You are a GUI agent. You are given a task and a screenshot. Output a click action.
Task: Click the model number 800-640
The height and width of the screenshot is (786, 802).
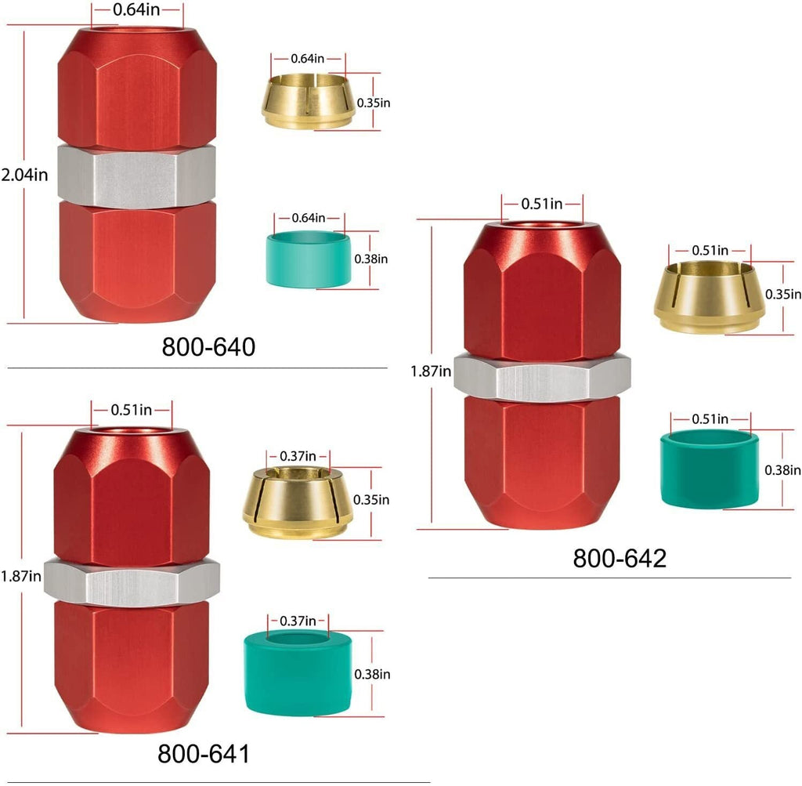coord(208,347)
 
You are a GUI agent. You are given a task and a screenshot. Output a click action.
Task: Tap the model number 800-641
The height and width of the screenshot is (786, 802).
coord(204,754)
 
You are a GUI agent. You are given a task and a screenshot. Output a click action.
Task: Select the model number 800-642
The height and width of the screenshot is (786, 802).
coord(620,558)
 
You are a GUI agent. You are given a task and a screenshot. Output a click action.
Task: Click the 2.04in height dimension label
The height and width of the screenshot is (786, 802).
coord(24,175)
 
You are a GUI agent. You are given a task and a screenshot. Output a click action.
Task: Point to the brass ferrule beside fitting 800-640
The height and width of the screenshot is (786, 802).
coord(308,101)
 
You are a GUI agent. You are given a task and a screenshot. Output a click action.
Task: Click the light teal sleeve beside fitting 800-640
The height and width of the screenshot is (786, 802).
coord(309,259)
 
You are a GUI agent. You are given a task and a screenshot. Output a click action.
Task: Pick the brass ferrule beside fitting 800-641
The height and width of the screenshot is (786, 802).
coord(298,503)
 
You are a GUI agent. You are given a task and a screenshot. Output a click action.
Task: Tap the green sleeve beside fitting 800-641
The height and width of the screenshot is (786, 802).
coord(298,673)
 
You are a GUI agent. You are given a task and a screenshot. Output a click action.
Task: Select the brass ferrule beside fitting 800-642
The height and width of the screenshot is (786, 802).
coord(710,297)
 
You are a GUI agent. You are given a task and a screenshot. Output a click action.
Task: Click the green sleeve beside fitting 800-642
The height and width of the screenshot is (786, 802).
coord(710,469)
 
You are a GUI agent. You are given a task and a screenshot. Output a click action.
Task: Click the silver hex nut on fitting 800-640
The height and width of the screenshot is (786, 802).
coord(136,176)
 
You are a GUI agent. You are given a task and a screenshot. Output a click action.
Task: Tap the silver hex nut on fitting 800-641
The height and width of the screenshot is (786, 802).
coord(132,583)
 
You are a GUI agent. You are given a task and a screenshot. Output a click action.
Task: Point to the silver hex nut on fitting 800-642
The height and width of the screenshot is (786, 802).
coord(542,376)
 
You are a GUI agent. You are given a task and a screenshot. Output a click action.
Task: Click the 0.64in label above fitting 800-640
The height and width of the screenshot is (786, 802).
coord(136,9)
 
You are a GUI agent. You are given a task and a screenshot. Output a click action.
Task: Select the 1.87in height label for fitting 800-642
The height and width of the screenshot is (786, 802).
coord(431,371)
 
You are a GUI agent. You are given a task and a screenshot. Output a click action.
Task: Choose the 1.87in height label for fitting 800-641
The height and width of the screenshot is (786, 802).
coord(21,577)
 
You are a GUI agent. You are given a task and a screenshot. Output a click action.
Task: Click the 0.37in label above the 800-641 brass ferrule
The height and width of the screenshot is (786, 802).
coord(298,456)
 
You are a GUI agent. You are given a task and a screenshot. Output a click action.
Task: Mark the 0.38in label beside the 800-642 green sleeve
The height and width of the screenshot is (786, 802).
coord(782,470)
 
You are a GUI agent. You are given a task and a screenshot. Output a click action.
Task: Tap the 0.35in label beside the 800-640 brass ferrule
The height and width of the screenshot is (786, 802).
coord(374,103)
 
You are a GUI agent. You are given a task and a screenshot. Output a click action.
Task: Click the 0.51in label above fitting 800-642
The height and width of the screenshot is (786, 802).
coord(542,205)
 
